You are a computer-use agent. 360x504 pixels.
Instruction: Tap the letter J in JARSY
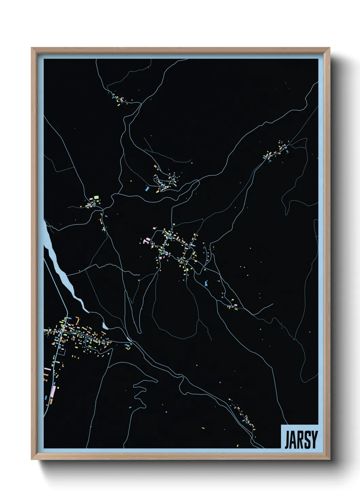287,440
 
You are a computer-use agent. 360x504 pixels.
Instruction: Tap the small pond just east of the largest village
105,326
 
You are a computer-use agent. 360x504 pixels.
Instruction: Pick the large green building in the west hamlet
96,197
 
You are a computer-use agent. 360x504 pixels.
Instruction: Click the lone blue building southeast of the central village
206,282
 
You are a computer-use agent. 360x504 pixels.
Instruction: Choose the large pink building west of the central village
147,241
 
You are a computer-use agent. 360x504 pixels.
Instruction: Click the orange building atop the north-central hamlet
155,167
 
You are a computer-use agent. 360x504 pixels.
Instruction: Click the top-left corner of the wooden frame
32,48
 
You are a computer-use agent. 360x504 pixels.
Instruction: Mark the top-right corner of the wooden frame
329,48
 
